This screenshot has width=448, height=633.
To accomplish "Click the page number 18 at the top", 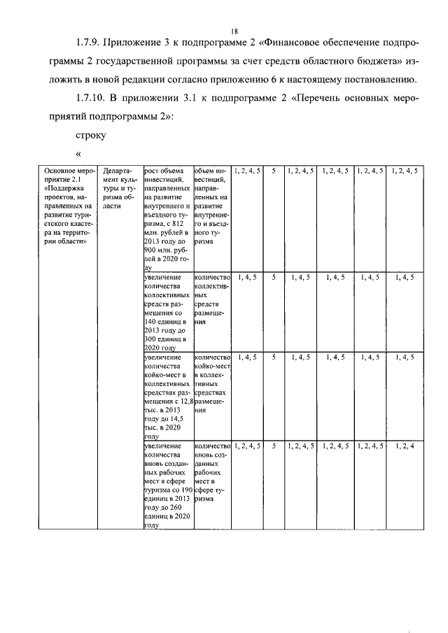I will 234,31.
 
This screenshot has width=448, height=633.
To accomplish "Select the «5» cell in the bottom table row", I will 274,445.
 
